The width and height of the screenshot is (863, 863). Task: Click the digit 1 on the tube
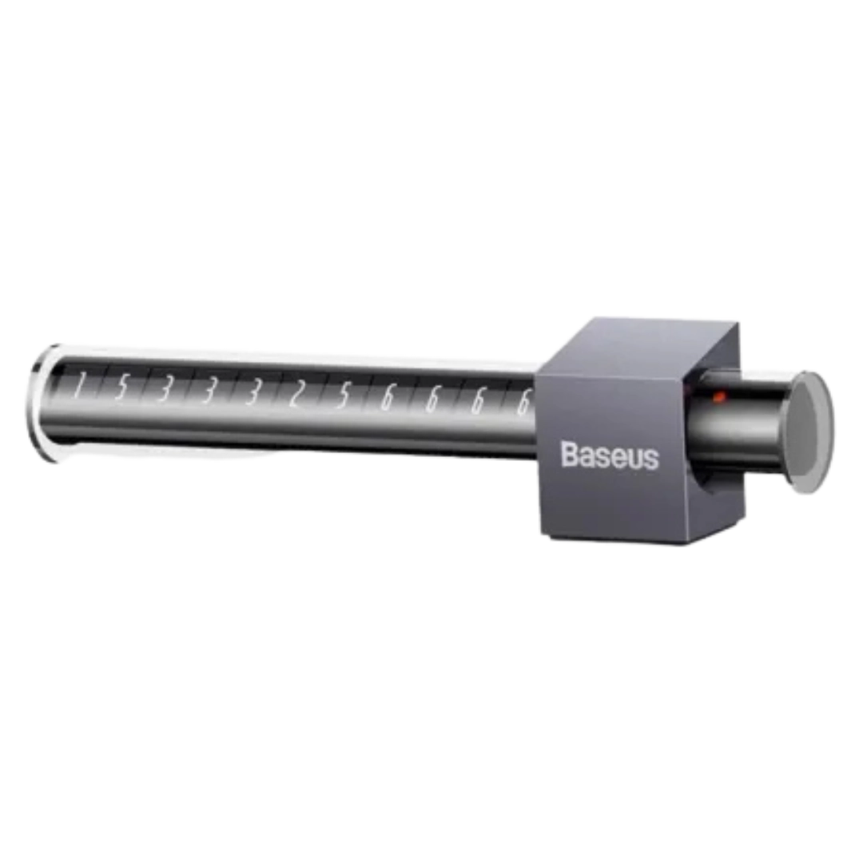(x=78, y=385)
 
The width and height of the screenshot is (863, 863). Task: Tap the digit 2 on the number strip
(x=296, y=394)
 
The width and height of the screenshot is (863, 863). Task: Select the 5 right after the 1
(x=121, y=387)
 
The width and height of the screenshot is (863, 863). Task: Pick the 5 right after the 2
(x=343, y=396)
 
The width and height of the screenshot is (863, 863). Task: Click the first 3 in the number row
(x=164, y=389)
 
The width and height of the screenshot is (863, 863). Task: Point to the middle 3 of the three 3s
(x=208, y=391)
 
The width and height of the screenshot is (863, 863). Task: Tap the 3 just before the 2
(x=252, y=392)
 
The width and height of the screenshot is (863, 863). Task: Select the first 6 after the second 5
(x=388, y=398)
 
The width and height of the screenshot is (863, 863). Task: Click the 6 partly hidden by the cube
(x=524, y=402)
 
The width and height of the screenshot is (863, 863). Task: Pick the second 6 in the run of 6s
(x=432, y=400)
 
